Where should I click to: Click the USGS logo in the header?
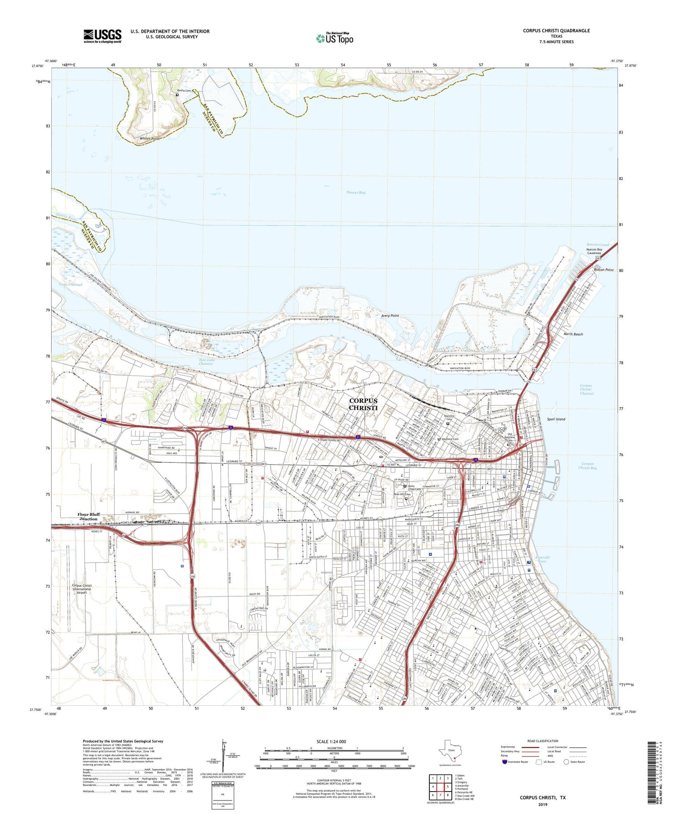102,36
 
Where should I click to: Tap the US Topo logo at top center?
335,38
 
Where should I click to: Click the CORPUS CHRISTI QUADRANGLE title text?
556,31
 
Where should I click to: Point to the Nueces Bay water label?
356,192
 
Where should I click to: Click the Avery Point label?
390,316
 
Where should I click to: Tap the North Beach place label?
573,334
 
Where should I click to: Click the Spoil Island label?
556,419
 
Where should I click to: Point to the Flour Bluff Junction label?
88,516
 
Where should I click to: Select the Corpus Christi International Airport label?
82,589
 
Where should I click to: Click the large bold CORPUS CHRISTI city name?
363,404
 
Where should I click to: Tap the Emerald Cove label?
542,559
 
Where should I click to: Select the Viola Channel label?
70,285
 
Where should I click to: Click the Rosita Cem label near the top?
184,91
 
